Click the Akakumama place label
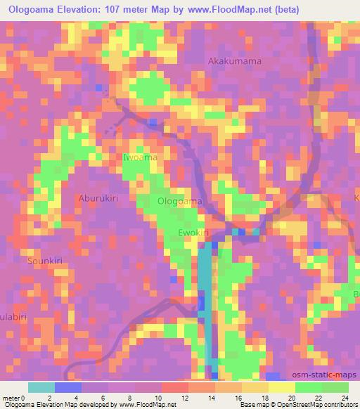point(235,61)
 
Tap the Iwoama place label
point(140,158)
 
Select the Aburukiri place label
point(98,198)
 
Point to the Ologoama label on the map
point(180,202)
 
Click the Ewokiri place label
point(194,233)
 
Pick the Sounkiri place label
point(45,261)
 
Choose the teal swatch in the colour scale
point(41,387)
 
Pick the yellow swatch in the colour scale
point(282,387)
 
